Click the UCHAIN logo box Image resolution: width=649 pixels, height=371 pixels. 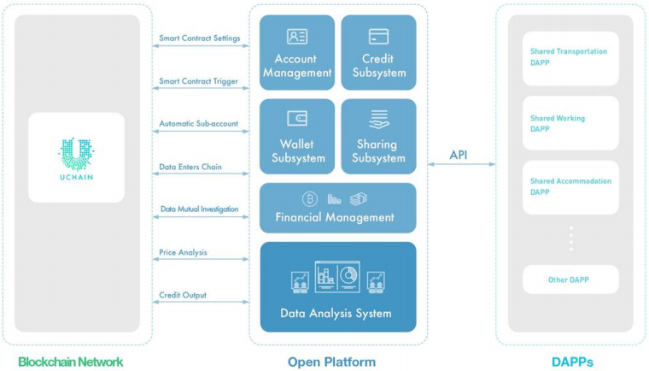[x=77, y=158]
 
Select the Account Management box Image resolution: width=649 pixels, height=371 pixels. [x=296, y=53]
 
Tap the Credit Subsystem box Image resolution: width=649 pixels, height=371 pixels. [x=379, y=53]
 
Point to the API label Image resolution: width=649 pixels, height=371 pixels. [x=459, y=155]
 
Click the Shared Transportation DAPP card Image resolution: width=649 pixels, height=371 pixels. [x=570, y=56]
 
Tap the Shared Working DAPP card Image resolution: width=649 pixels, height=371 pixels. [x=570, y=124]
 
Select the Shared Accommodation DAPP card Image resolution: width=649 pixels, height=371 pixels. [x=570, y=186]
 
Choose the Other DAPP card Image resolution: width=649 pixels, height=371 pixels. [x=570, y=280]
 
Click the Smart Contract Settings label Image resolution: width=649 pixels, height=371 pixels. [x=199, y=38]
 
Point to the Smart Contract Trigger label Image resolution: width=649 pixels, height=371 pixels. [x=198, y=81]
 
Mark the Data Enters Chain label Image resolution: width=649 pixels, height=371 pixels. [x=190, y=167]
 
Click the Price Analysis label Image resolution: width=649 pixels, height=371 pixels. [x=183, y=252]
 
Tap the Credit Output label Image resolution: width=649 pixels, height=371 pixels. [x=183, y=295]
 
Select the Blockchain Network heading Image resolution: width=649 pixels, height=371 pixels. [x=71, y=362]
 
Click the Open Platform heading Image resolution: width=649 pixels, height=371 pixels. [x=331, y=362]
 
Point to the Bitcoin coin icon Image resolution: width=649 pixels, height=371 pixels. [x=309, y=199]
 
